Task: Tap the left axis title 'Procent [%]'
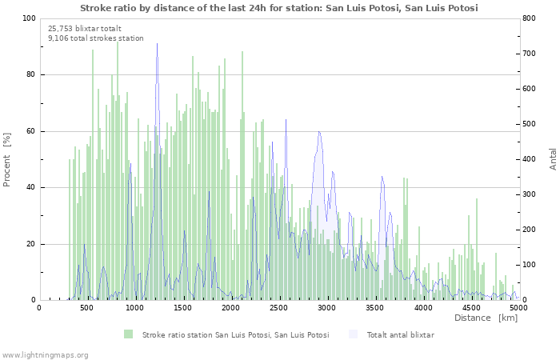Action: tap(7, 160)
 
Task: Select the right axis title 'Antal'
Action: tap(553, 158)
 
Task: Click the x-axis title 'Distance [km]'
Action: tap(486, 318)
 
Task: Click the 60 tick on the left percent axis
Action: tap(32, 131)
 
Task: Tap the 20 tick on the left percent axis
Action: tap(32, 244)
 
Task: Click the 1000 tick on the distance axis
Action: tap(134, 307)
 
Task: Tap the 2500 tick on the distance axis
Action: tap(278, 307)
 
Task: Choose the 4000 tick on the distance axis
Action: tap(422, 307)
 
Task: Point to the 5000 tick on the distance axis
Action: tap(518, 307)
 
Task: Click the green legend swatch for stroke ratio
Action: tap(129, 334)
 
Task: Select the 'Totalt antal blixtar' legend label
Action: tap(400, 334)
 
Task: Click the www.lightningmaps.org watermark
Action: tap(45, 354)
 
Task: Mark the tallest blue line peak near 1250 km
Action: tap(158, 44)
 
